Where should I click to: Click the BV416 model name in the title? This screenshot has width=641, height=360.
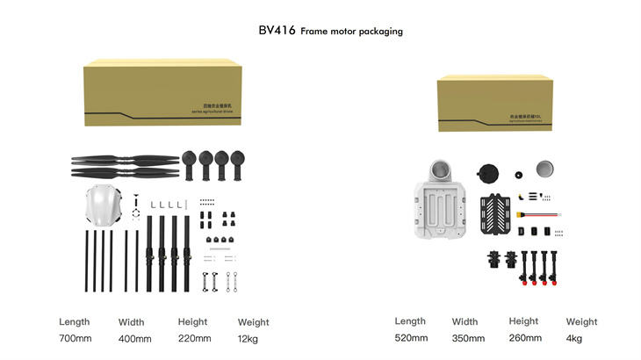[x=277, y=31]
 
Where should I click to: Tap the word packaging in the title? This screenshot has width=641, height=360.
[x=378, y=32]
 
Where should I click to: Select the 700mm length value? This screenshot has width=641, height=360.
[x=75, y=339]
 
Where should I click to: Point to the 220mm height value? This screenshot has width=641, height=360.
[x=194, y=339]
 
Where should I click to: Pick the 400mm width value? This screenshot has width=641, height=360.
[x=134, y=339]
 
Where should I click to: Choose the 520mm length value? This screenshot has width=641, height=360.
[x=411, y=338]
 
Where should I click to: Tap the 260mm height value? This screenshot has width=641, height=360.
[x=525, y=338]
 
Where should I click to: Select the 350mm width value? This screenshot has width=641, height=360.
[x=468, y=338]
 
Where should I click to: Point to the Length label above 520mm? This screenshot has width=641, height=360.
[x=410, y=321]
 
